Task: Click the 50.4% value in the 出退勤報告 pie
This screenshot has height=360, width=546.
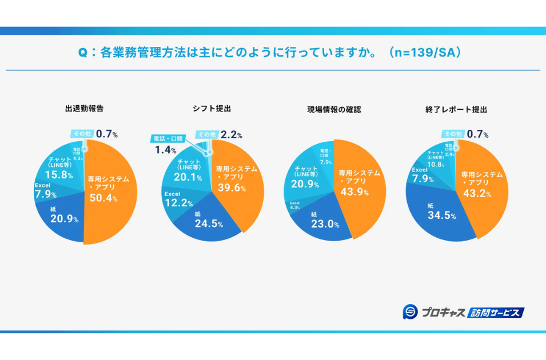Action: (x=103, y=198)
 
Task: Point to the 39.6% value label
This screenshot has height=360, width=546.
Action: (x=230, y=189)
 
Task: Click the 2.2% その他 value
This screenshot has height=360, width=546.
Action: (x=231, y=135)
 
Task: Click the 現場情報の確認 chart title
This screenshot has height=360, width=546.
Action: (x=334, y=109)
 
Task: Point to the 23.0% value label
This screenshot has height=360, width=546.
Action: (x=325, y=224)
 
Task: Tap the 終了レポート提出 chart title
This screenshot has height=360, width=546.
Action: (x=460, y=109)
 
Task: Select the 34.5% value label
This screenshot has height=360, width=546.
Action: (x=441, y=215)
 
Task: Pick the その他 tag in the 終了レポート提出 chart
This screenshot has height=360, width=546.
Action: (x=453, y=134)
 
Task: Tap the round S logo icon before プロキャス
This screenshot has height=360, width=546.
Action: (x=411, y=312)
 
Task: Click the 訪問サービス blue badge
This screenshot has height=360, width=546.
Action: (x=495, y=313)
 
